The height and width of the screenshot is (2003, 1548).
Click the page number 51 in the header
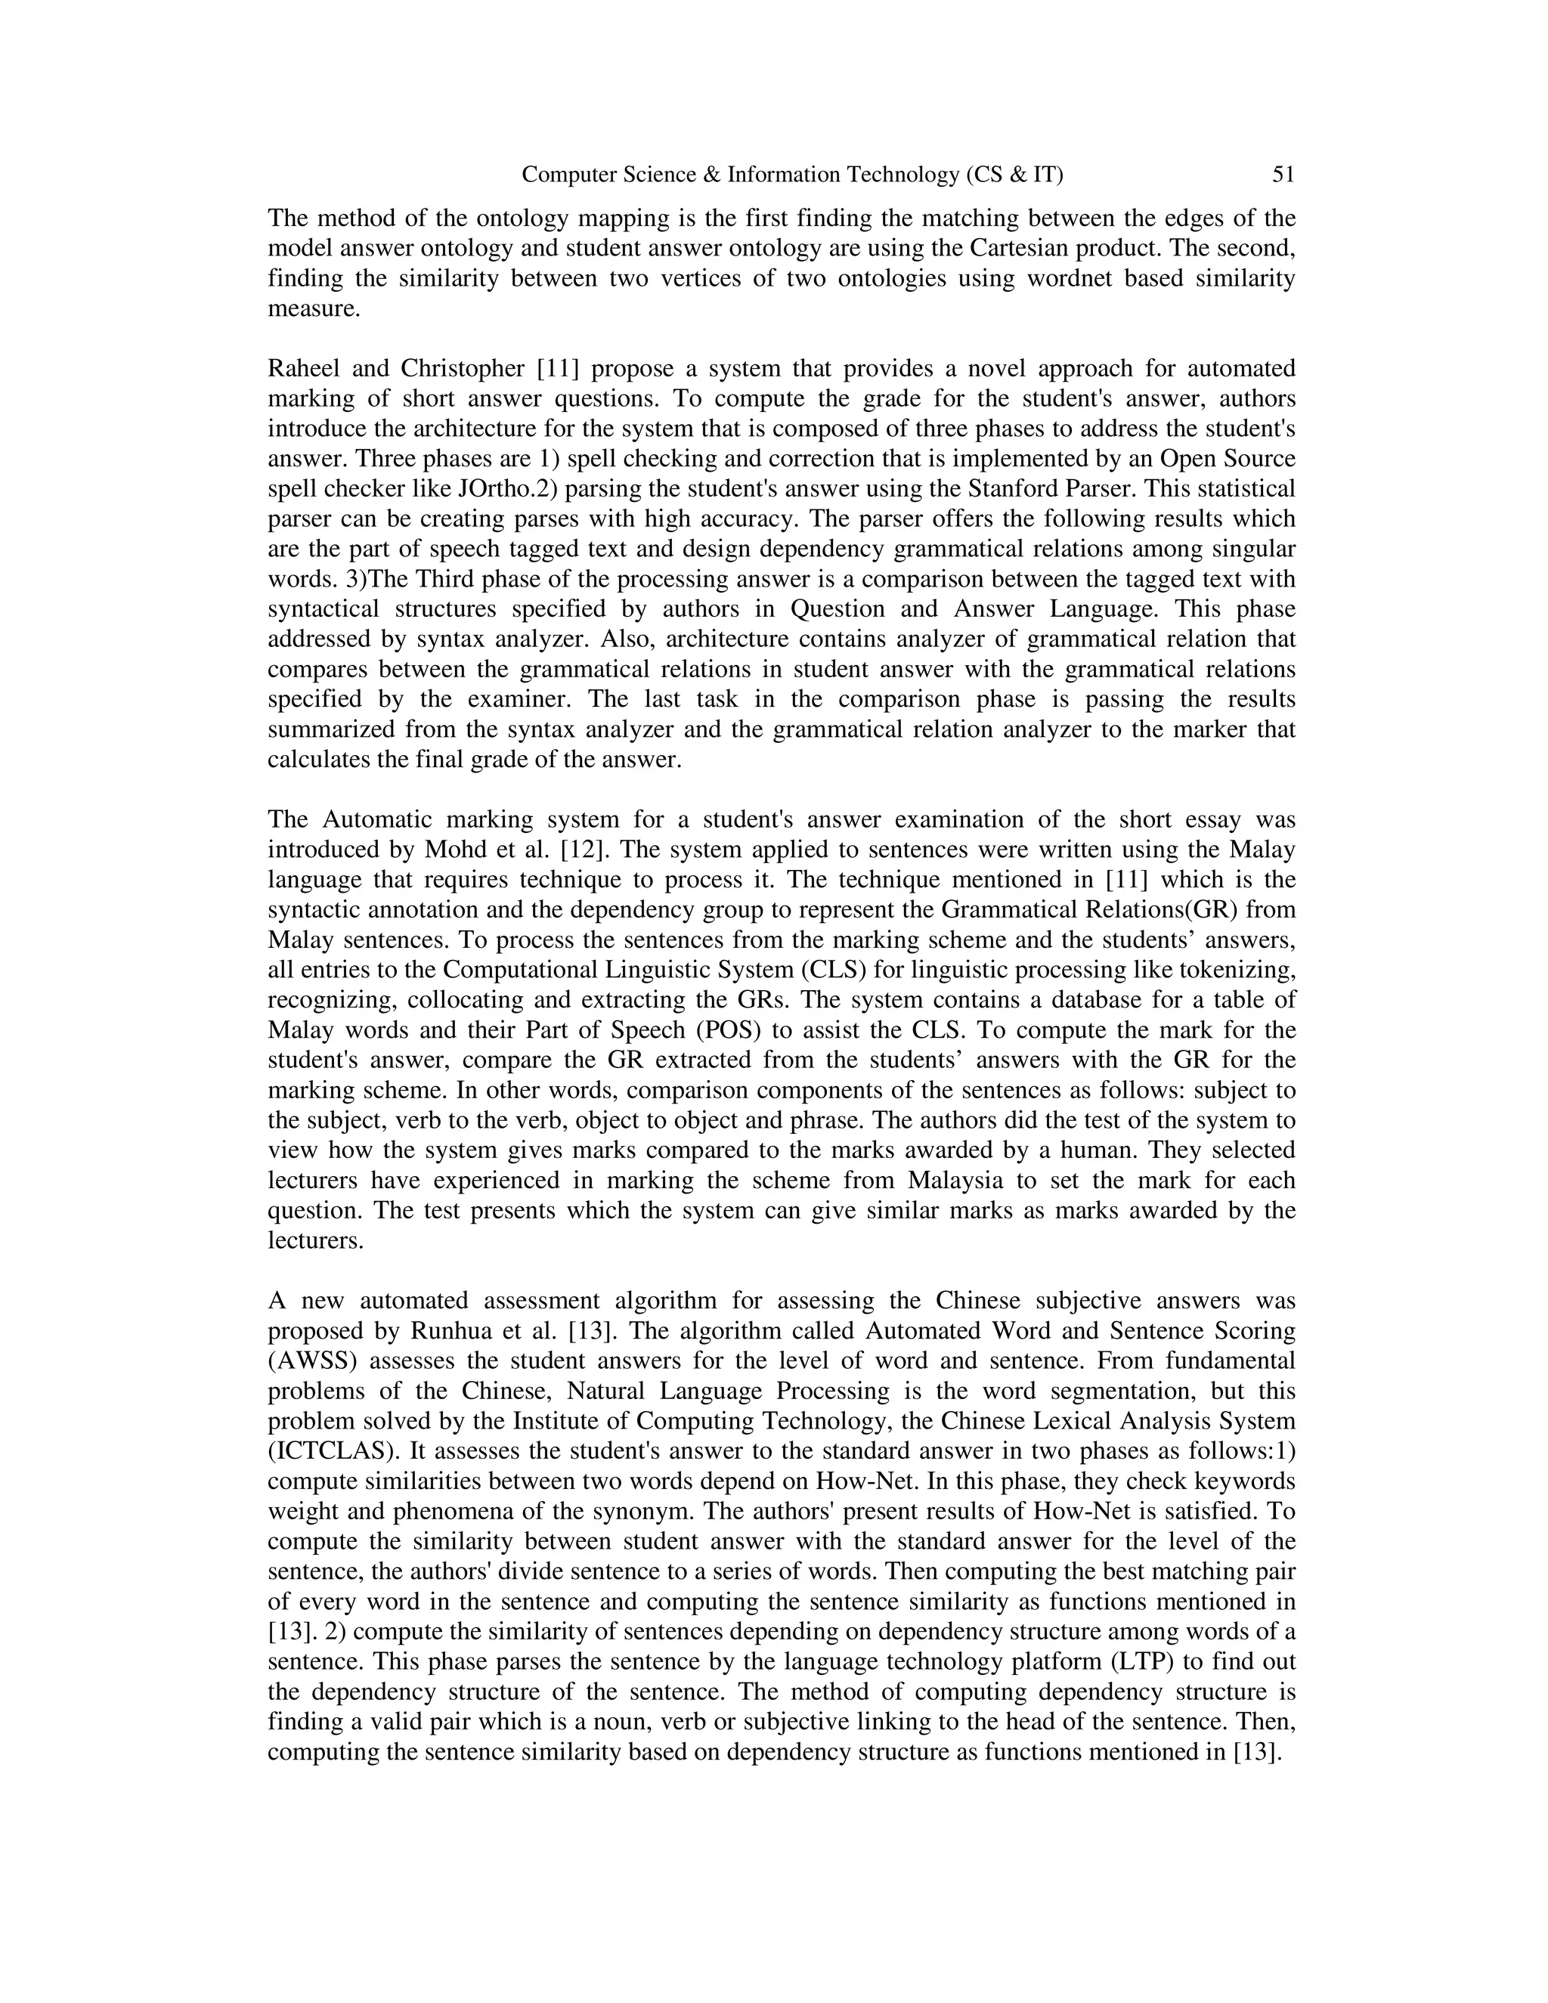(x=1283, y=175)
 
